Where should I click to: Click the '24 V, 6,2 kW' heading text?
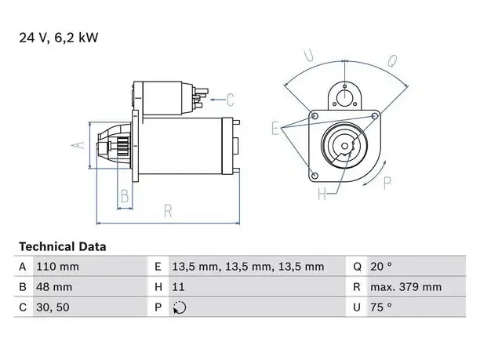click(x=59, y=38)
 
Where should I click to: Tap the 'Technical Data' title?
click(x=63, y=247)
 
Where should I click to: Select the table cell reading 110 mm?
click(x=57, y=267)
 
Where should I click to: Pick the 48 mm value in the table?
click(x=54, y=287)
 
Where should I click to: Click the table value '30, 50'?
click(x=53, y=307)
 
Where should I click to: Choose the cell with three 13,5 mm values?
click(x=248, y=267)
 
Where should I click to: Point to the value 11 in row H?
click(x=178, y=287)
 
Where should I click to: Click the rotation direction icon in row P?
click(x=180, y=307)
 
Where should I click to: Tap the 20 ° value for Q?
click(x=381, y=267)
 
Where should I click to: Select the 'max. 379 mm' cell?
click(x=406, y=287)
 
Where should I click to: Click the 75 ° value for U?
click(x=381, y=307)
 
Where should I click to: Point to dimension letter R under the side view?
click(x=168, y=211)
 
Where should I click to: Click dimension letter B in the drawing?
click(x=125, y=196)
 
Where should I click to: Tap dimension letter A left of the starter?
click(x=78, y=145)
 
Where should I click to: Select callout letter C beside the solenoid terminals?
click(x=231, y=100)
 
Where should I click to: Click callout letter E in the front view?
click(x=275, y=128)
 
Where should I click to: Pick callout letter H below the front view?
click(x=322, y=194)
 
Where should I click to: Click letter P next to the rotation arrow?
click(x=387, y=183)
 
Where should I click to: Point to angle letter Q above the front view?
click(x=392, y=61)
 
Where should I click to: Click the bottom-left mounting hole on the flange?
click(x=315, y=176)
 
